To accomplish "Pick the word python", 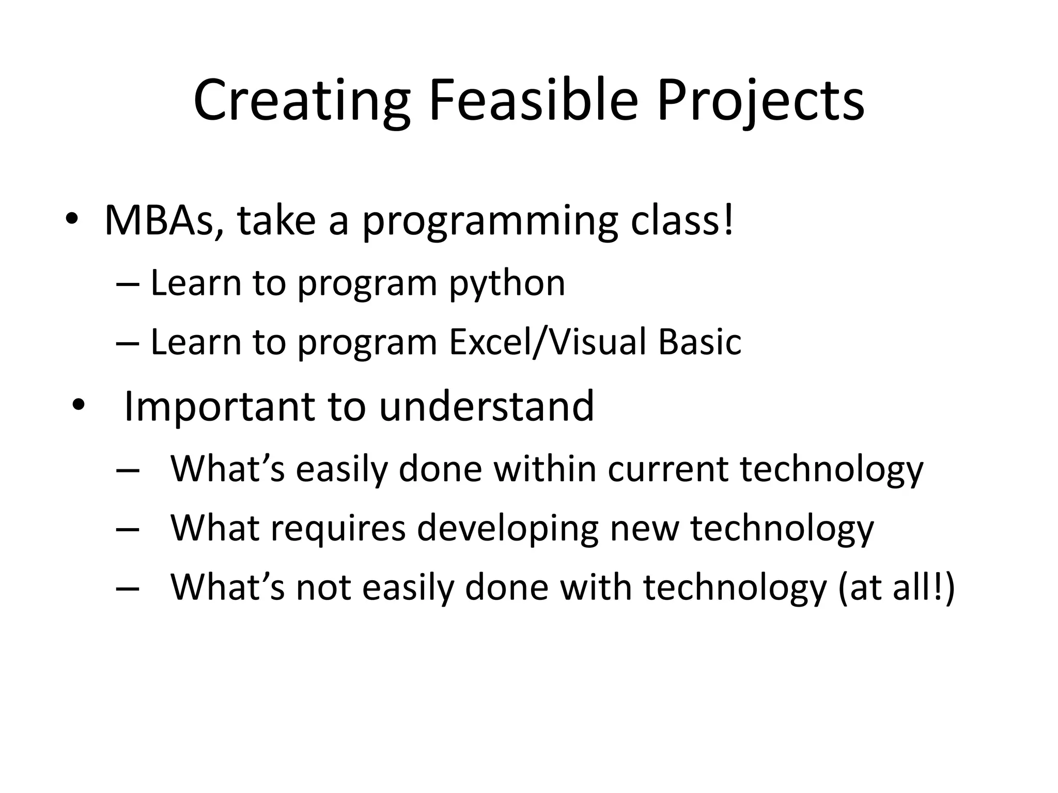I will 507,284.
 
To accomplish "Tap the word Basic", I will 699,342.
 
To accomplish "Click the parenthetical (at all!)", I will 896,588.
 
